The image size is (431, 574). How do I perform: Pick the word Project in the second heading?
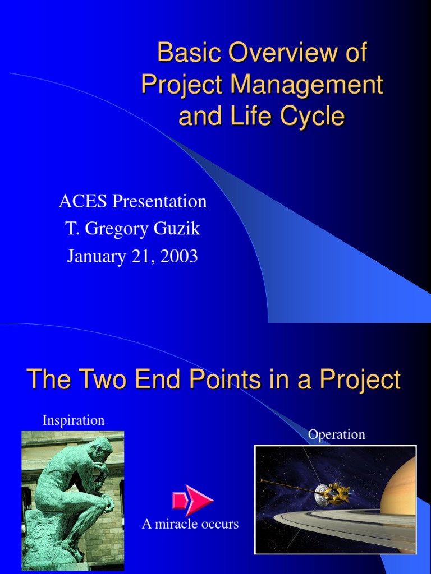pyautogui.click(x=360, y=379)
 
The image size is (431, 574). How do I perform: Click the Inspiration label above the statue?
pyautogui.click(x=74, y=420)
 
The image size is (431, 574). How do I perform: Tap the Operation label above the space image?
pyautogui.click(x=336, y=434)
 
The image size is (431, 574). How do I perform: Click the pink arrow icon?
pyautogui.click(x=192, y=499)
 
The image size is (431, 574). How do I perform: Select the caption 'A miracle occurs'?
pyautogui.click(x=190, y=524)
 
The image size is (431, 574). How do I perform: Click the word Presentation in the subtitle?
pyautogui.click(x=160, y=201)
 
